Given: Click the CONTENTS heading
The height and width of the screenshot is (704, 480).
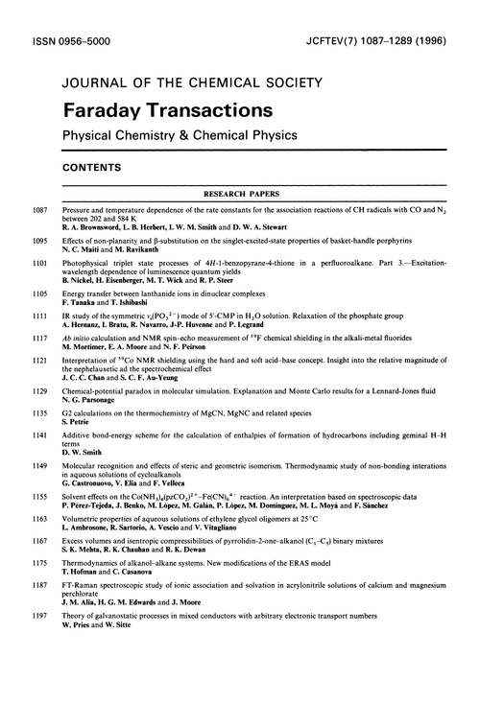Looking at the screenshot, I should click(92, 166).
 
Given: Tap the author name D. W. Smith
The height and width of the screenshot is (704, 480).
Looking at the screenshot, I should click(83, 455).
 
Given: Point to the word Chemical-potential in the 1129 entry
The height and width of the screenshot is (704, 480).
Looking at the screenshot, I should click(99, 392).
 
